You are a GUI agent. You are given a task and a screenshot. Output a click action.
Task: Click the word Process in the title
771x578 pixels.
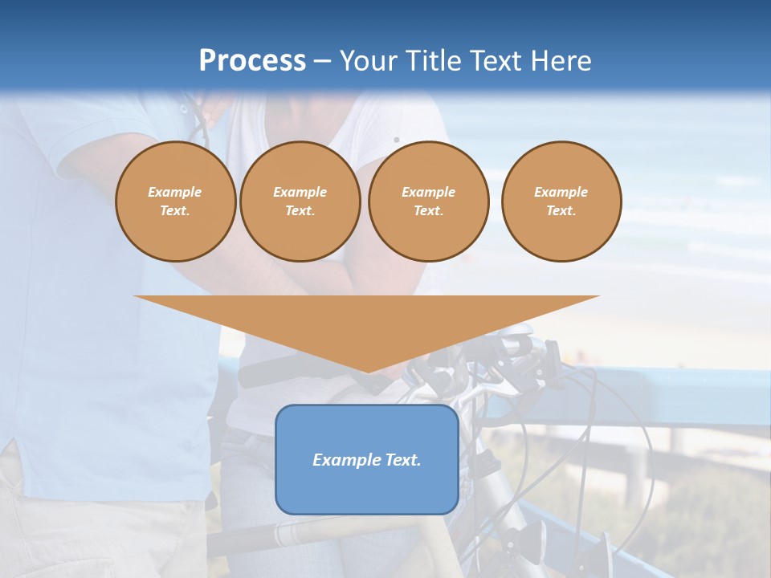[x=252, y=61]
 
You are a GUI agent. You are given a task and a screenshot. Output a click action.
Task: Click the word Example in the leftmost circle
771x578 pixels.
[x=175, y=192]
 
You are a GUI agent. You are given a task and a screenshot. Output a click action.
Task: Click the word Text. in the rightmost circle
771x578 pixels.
[x=561, y=210]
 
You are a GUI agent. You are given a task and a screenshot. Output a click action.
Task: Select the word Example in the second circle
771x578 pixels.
[x=300, y=192]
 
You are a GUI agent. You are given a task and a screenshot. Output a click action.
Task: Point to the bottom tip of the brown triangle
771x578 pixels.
[x=368, y=370]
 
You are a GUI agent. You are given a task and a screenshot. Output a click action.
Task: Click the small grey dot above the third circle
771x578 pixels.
[x=396, y=140]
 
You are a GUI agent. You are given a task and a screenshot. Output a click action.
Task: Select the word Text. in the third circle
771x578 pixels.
[x=428, y=210]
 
